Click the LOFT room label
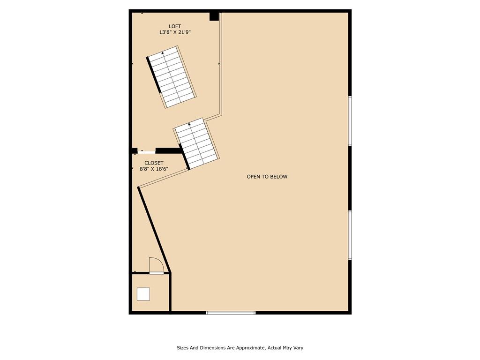click(175, 26)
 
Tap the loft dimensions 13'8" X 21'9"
click(175, 32)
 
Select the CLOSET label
click(154, 163)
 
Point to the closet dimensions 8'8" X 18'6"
click(154, 169)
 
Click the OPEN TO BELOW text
click(267, 177)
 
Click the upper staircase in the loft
click(172, 77)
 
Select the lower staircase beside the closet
click(196, 143)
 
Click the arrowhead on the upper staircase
click(163, 52)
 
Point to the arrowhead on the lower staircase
click(189, 124)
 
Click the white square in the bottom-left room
click(143, 294)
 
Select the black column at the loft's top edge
click(214, 16)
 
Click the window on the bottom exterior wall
click(231, 313)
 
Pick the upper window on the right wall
click(350, 120)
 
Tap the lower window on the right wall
click(350, 235)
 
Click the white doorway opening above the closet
click(146, 151)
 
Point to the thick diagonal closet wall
click(154, 229)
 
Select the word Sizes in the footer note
click(183, 348)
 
